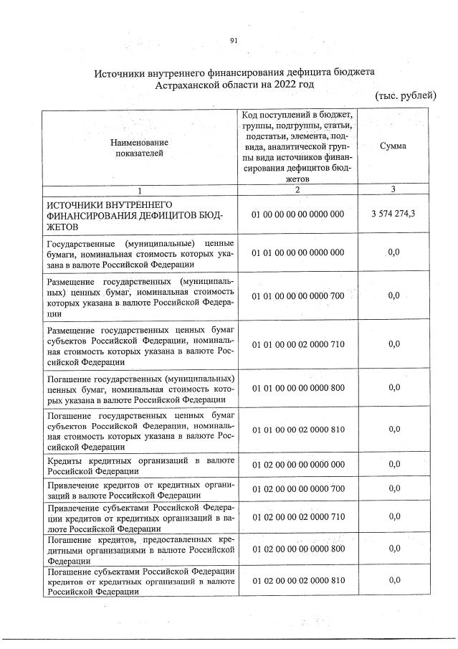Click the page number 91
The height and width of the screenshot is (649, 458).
click(x=233, y=40)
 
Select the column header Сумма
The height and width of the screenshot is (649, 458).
click(x=393, y=146)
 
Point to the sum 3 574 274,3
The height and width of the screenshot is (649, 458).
click(x=393, y=214)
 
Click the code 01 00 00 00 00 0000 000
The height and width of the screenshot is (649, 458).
click(x=298, y=214)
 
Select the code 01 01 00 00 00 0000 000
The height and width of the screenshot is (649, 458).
click(x=298, y=252)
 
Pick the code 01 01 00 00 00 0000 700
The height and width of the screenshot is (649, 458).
click(x=298, y=295)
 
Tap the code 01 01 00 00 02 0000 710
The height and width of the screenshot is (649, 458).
click(x=298, y=344)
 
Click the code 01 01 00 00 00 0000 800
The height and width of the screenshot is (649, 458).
click(x=298, y=388)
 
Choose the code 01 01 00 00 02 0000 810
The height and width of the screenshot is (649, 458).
click(x=298, y=430)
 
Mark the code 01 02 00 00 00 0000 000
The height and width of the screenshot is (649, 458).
click(x=298, y=464)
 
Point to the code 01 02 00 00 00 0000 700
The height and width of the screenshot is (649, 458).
click(x=298, y=489)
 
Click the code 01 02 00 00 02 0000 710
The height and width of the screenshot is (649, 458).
click(x=298, y=516)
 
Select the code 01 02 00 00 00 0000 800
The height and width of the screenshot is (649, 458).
click(x=298, y=549)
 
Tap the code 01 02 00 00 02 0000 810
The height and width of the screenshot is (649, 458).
click(x=298, y=580)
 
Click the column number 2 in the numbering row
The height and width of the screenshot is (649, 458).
click(x=297, y=189)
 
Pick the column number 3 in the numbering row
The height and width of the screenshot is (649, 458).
click(x=393, y=189)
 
